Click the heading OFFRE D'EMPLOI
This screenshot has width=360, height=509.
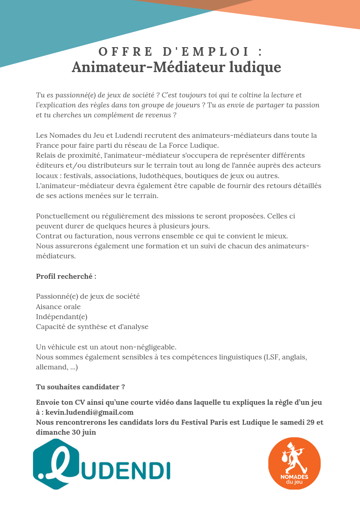180,51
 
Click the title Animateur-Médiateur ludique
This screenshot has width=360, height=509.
176,67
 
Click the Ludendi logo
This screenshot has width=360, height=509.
102,464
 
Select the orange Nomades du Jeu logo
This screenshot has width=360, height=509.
294,463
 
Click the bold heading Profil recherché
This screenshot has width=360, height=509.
66,276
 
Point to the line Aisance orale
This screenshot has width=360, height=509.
58,306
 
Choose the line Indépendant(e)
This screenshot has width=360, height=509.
62,316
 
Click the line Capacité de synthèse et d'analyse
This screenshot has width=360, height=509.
92,326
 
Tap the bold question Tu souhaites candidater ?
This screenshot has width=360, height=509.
80,387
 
